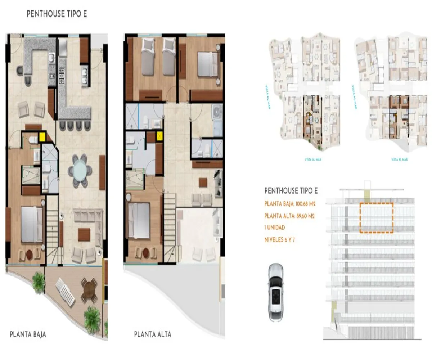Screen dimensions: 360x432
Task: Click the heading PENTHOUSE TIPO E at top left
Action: click(x=57, y=14)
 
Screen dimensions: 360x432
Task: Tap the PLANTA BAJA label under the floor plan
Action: click(x=28, y=334)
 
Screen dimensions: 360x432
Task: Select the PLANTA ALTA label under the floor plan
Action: click(x=153, y=334)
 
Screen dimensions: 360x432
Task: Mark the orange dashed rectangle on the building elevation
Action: click(x=376, y=217)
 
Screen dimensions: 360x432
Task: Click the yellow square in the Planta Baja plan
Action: click(x=43, y=136)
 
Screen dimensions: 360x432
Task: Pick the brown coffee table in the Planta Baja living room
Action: click(x=84, y=234)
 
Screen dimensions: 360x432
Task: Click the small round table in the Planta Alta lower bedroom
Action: click(x=146, y=253)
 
